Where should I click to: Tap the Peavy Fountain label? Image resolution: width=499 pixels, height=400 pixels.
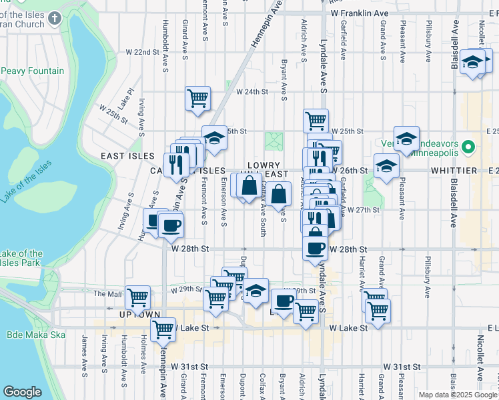(33, 71)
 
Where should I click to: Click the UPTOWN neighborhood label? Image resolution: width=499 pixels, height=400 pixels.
(135, 314)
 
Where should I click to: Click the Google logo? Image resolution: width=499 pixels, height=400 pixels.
(22, 392)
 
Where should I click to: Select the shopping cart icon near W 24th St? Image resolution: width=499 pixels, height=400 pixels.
(198, 99)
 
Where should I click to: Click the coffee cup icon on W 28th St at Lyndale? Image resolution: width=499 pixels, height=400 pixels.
(315, 248)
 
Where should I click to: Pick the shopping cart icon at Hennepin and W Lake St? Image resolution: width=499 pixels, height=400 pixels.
(163, 329)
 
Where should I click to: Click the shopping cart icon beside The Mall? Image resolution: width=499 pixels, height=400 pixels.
(137, 297)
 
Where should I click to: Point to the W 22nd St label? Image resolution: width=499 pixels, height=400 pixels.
(143, 51)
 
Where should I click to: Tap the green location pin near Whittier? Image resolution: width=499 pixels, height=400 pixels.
(468, 147)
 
